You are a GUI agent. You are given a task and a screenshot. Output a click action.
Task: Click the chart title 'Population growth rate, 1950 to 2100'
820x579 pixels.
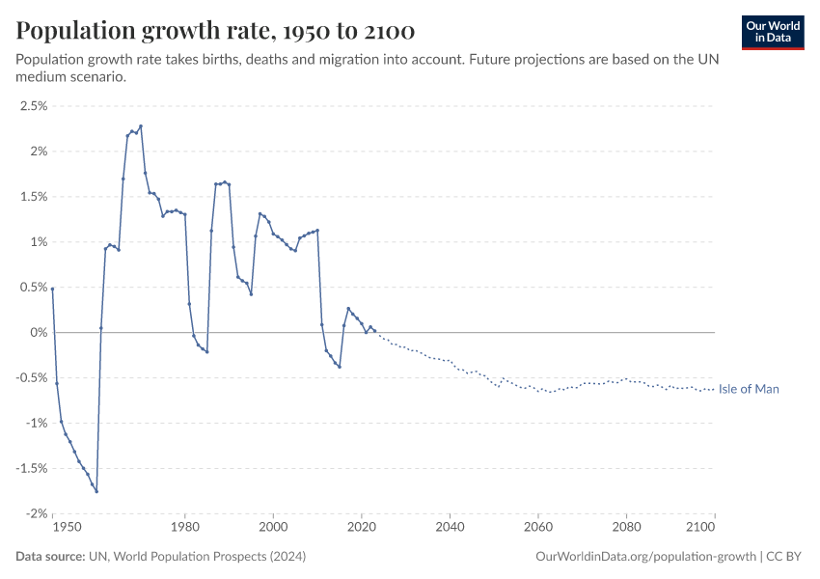pyautogui.click(x=215, y=31)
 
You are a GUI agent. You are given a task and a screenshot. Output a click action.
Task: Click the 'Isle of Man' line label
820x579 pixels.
pyautogui.click(x=749, y=389)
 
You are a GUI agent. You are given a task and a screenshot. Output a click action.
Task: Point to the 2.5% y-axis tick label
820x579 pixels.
pyautogui.click(x=33, y=106)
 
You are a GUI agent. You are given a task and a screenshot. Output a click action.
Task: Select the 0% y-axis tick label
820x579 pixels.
pyautogui.click(x=38, y=332)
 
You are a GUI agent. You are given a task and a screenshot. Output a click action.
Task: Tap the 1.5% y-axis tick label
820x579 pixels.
pyautogui.click(x=33, y=197)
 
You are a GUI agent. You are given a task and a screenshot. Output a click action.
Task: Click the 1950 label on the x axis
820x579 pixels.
pyautogui.click(x=66, y=528)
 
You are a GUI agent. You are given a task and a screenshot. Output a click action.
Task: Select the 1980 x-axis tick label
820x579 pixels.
pyautogui.click(x=185, y=528)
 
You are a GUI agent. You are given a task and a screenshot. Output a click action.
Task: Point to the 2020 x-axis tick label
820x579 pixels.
pyautogui.click(x=362, y=528)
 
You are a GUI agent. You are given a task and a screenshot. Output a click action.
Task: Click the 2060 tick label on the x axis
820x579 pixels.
pyautogui.click(x=538, y=528)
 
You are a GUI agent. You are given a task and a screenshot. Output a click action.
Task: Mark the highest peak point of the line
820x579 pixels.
pyautogui.click(x=141, y=125)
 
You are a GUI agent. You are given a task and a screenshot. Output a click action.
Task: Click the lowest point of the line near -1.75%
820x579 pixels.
pyautogui.click(x=96, y=491)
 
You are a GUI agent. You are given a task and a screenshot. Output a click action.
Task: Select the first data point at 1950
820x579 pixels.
pyautogui.click(x=53, y=288)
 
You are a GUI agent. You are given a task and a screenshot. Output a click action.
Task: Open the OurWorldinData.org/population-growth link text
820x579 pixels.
pyautogui.click(x=643, y=557)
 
